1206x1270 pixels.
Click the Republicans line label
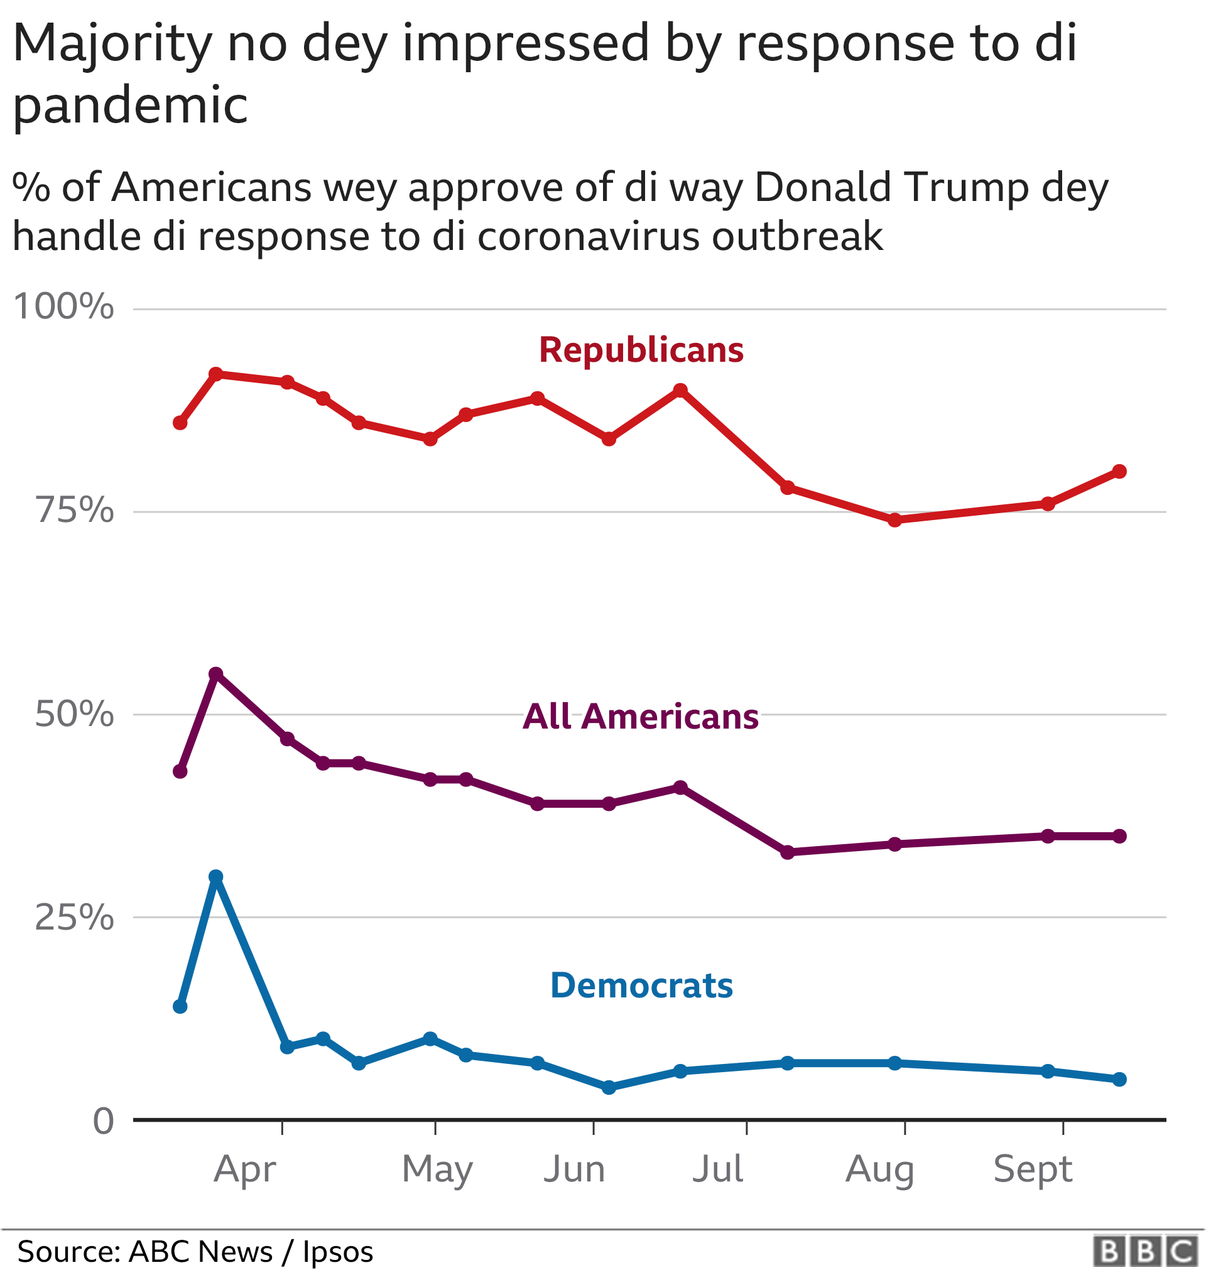641,350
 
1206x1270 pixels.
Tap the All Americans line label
640,717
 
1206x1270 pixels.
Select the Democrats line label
641,985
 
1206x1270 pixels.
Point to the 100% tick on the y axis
63,307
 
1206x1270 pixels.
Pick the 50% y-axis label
74,714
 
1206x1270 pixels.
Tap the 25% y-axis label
74,917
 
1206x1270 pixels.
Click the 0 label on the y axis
103,1122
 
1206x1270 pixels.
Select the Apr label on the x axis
244,1169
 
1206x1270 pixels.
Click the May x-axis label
437,1169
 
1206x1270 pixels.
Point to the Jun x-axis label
574,1169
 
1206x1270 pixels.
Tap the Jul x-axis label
717,1169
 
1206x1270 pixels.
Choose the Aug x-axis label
879,1169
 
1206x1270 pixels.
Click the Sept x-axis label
1033,1169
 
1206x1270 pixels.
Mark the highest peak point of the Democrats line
216,877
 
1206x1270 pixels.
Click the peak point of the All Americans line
216,673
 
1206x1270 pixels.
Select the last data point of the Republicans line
1119,471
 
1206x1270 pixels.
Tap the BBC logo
1146,1251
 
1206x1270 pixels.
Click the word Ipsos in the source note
337,1251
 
